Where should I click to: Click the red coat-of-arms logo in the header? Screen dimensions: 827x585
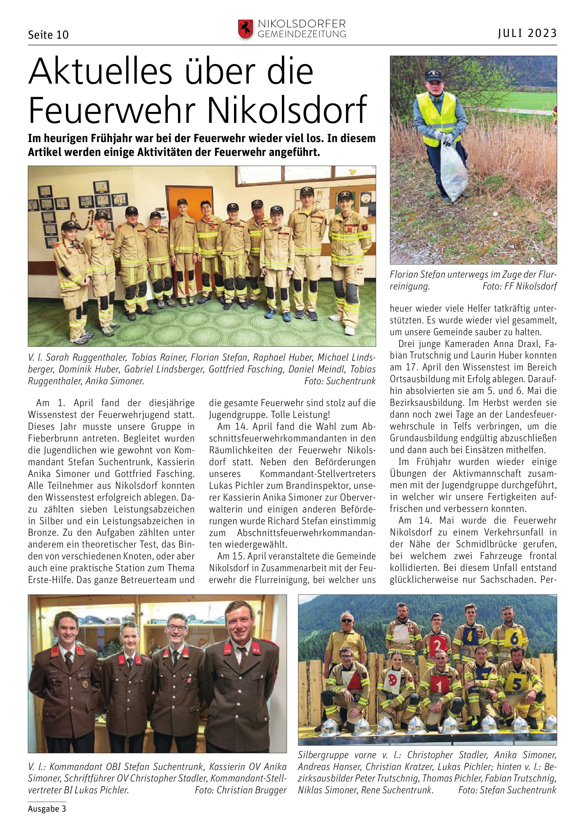click(x=245, y=29)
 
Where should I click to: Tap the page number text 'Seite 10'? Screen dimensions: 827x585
click(x=48, y=35)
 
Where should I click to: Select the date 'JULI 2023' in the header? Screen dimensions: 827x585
click(x=527, y=33)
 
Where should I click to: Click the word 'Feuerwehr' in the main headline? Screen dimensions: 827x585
click(x=112, y=110)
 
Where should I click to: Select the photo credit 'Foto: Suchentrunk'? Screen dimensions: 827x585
click(x=340, y=381)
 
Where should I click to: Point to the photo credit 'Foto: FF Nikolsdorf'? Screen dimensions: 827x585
click(x=519, y=286)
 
